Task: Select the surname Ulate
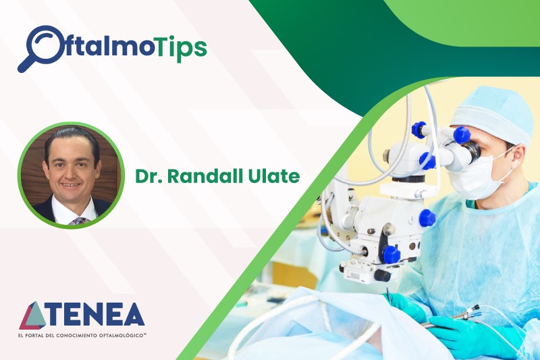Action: coord(275,177)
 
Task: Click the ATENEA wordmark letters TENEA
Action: coord(97,315)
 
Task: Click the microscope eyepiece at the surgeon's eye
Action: coord(466,152)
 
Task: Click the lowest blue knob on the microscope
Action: coord(391,254)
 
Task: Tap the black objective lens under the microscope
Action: coord(381,275)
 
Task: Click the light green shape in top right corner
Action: coord(466,20)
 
